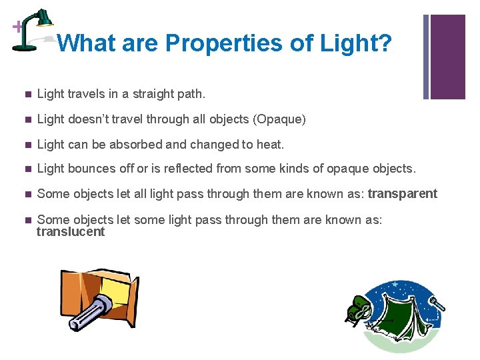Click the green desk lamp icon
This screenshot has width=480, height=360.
coord(33,29)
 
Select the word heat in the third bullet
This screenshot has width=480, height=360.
coord(268,144)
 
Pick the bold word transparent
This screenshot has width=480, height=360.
coord(403,194)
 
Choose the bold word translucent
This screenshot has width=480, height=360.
coord(71,232)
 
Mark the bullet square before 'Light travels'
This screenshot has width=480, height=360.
coord(26,95)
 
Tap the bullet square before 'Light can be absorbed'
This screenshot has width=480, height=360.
coord(26,145)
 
